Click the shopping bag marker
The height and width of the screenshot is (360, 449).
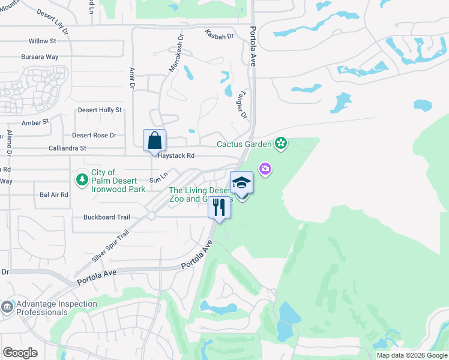pyautogui.click(x=154, y=140)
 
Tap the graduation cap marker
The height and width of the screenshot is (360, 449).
pyautogui.click(x=241, y=182)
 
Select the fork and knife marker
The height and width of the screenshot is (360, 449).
pyautogui.click(x=219, y=208)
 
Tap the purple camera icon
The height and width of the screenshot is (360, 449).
pyautogui.click(x=265, y=170)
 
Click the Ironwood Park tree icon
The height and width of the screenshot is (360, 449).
pyautogui.click(x=82, y=179)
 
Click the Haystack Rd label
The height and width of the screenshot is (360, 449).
pyautogui.click(x=176, y=155)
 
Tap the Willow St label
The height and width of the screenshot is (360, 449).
pyautogui.click(x=42, y=41)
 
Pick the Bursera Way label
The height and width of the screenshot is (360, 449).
pyautogui.click(x=39, y=57)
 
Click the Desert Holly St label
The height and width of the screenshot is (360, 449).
pyautogui.click(x=100, y=110)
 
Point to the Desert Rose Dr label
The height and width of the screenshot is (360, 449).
pyautogui.click(x=94, y=136)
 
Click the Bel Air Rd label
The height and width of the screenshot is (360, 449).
pyautogui.click(x=54, y=195)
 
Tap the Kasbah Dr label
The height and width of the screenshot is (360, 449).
pyautogui.click(x=218, y=36)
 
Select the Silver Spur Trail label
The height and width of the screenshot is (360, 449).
pyautogui.click(x=110, y=246)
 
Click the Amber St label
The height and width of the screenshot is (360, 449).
pyautogui.click(x=35, y=122)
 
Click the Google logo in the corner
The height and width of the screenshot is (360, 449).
pyautogui.click(x=20, y=353)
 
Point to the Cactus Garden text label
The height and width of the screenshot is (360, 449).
pyautogui.click(x=244, y=144)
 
